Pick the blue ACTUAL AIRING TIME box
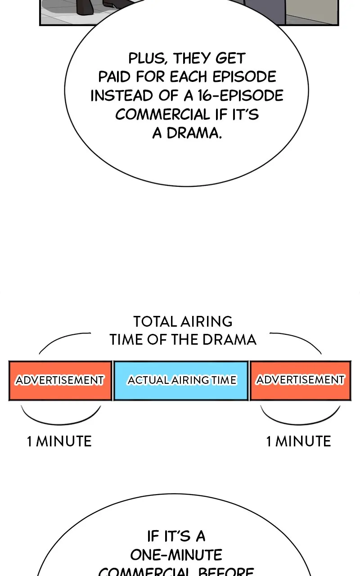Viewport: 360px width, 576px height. [x=181, y=381]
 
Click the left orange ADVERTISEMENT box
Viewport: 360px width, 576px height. [x=60, y=381]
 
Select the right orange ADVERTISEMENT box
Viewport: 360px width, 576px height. [x=300, y=381]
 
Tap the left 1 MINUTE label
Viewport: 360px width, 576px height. [x=59, y=441]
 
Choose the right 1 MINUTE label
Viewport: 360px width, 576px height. [x=298, y=441]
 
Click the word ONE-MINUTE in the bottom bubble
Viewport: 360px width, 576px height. [x=176, y=554]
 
